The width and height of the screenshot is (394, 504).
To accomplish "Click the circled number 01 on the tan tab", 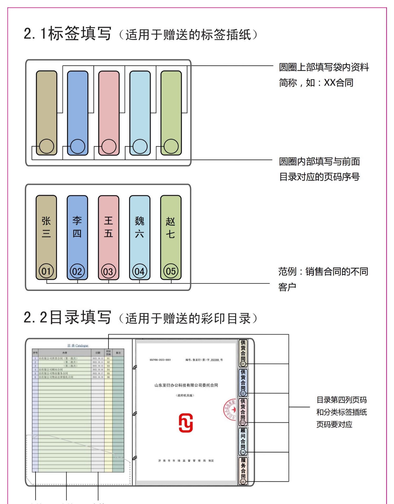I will (x=46, y=271).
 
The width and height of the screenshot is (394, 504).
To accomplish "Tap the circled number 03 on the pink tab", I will (x=108, y=271).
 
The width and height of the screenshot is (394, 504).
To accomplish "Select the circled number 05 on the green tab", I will (x=171, y=271).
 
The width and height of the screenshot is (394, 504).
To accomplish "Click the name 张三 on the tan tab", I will (x=46, y=227).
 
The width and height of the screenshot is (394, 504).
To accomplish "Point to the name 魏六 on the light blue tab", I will (x=139, y=227).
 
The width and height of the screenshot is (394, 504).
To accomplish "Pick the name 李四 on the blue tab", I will (x=77, y=227).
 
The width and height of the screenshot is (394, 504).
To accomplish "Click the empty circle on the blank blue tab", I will (x=78, y=146).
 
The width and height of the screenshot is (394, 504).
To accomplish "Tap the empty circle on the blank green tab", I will (x=171, y=146).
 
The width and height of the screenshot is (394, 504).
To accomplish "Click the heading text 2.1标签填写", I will (x=68, y=34).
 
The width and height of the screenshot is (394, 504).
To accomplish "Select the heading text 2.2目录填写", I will (x=68, y=318).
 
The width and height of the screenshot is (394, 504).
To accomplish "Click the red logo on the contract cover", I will (x=186, y=423).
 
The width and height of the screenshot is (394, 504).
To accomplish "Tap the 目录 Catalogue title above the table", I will (x=78, y=346).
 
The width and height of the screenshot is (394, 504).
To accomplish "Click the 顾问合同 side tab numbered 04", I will (x=243, y=441).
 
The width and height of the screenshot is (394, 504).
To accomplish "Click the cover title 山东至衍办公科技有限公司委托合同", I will (x=186, y=385).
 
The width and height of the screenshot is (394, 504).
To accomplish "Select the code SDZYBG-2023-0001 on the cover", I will (x=160, y=360).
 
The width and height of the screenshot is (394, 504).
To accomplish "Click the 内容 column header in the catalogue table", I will (x=65, y=353).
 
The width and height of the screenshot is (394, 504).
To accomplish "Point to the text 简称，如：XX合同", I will (x=316, y=83).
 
